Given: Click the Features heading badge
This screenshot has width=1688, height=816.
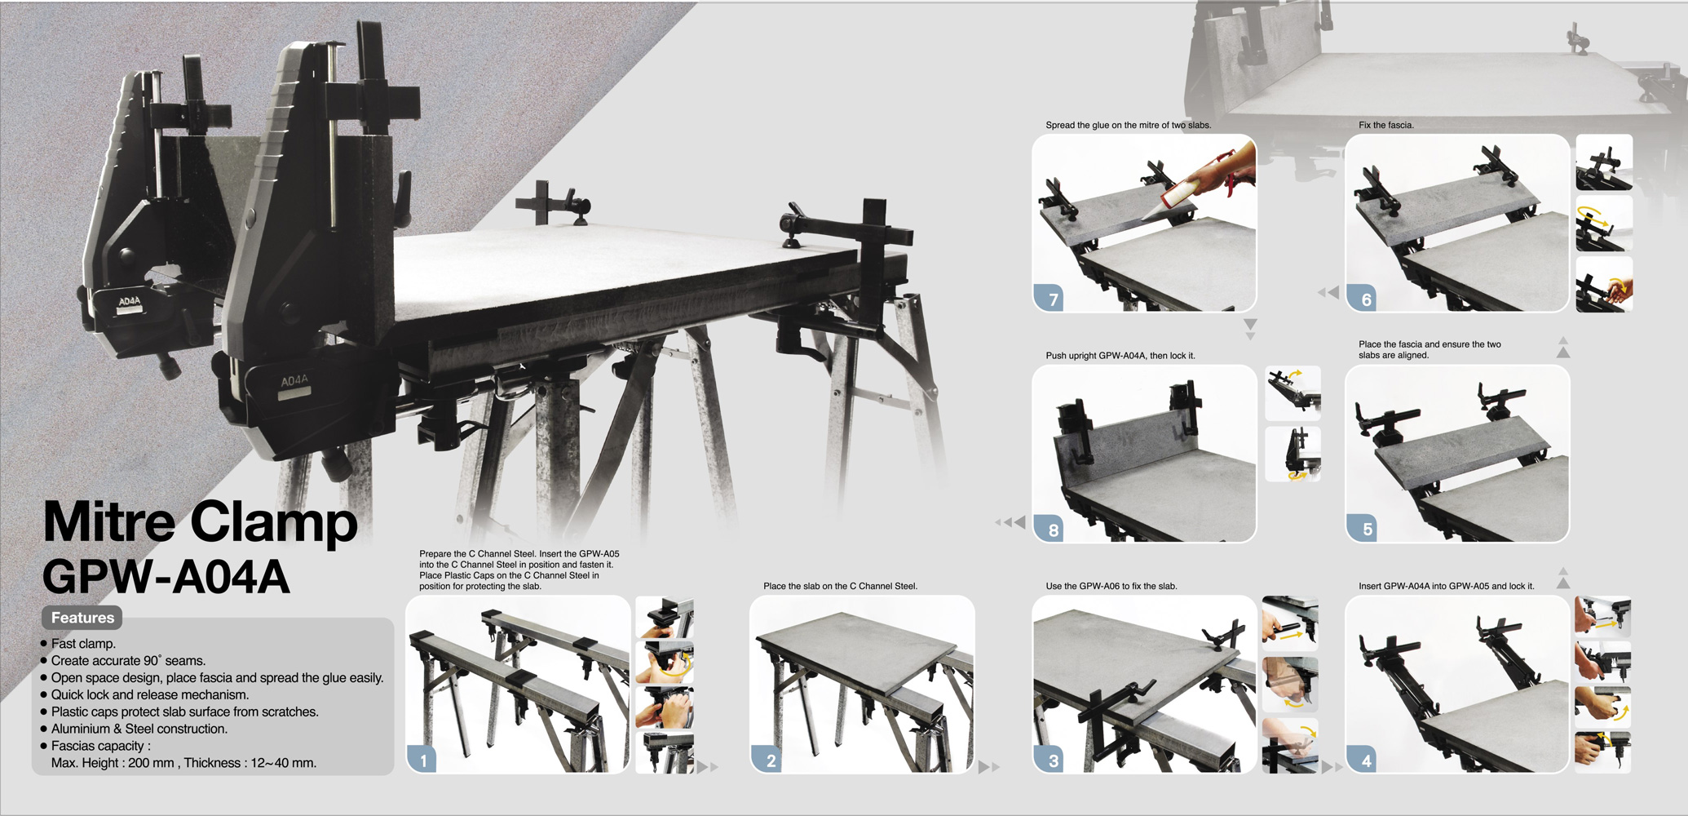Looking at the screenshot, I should [82, 618].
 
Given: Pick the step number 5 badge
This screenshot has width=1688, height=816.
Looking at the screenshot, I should [1367, 529].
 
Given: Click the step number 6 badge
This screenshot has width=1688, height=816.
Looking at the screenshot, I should [1366, 299].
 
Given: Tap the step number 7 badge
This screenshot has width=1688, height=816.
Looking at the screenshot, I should [1053, 299].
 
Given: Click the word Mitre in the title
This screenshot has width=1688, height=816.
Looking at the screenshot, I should [108, 522].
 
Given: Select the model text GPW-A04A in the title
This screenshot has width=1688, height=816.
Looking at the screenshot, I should [166, 577].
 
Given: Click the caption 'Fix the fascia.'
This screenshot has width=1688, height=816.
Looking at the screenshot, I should [1385, 125].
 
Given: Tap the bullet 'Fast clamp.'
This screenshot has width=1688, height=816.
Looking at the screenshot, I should [83, 644].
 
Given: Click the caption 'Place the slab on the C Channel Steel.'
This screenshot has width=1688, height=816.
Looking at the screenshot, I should [840, 586].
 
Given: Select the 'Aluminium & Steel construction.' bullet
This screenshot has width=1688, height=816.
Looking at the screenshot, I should [139, 729].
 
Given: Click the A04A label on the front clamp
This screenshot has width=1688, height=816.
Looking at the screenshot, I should [294, 381].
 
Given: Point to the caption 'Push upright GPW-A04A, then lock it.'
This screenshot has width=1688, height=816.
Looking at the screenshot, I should [1120, 356].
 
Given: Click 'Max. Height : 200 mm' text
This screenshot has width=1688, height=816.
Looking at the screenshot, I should [113, 763].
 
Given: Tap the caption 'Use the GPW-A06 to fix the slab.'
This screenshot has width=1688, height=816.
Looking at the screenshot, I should [1111, 586].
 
